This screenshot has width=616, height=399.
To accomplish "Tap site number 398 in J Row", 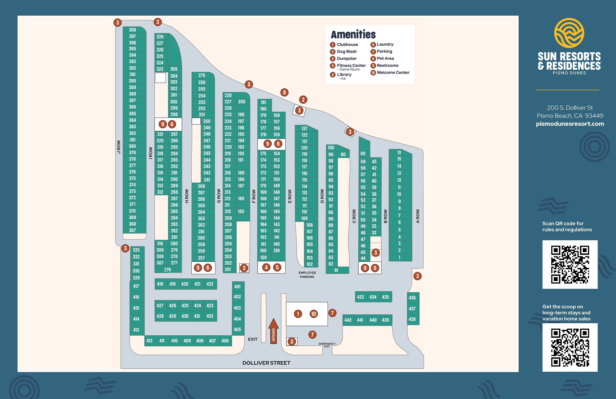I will (x=132, y=30).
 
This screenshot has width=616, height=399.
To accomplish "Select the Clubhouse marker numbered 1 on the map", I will (x=298, y=314).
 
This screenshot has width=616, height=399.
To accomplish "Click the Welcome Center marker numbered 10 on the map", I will (x=313, y=314).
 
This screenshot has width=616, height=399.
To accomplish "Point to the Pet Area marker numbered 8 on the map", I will (x=284, y=92).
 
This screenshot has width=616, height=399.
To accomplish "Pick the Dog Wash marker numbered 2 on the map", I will (x=303, y=100).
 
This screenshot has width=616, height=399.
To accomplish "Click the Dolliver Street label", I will (x=266, y=363).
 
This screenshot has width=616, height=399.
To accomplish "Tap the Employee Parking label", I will (x=307, y=275).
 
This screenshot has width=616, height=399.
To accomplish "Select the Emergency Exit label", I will (x=327, y=345).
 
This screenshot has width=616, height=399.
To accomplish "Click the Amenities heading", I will (x=353, y=34).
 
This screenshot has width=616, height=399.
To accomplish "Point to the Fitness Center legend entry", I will (x=351, y=66).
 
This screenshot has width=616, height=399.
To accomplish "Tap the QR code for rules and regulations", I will (x=570, y=264).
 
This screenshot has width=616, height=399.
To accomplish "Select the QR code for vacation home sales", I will (x=570, y=347).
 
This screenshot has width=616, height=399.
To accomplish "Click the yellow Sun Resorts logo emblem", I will (x=569, y=33).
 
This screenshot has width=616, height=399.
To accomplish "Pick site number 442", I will (x=348, y=320).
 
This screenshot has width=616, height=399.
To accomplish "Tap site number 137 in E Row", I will (x=304, y=129).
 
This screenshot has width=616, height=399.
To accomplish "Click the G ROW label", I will (x=219, y=196).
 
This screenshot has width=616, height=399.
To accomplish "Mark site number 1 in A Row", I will (x=399, y=258).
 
